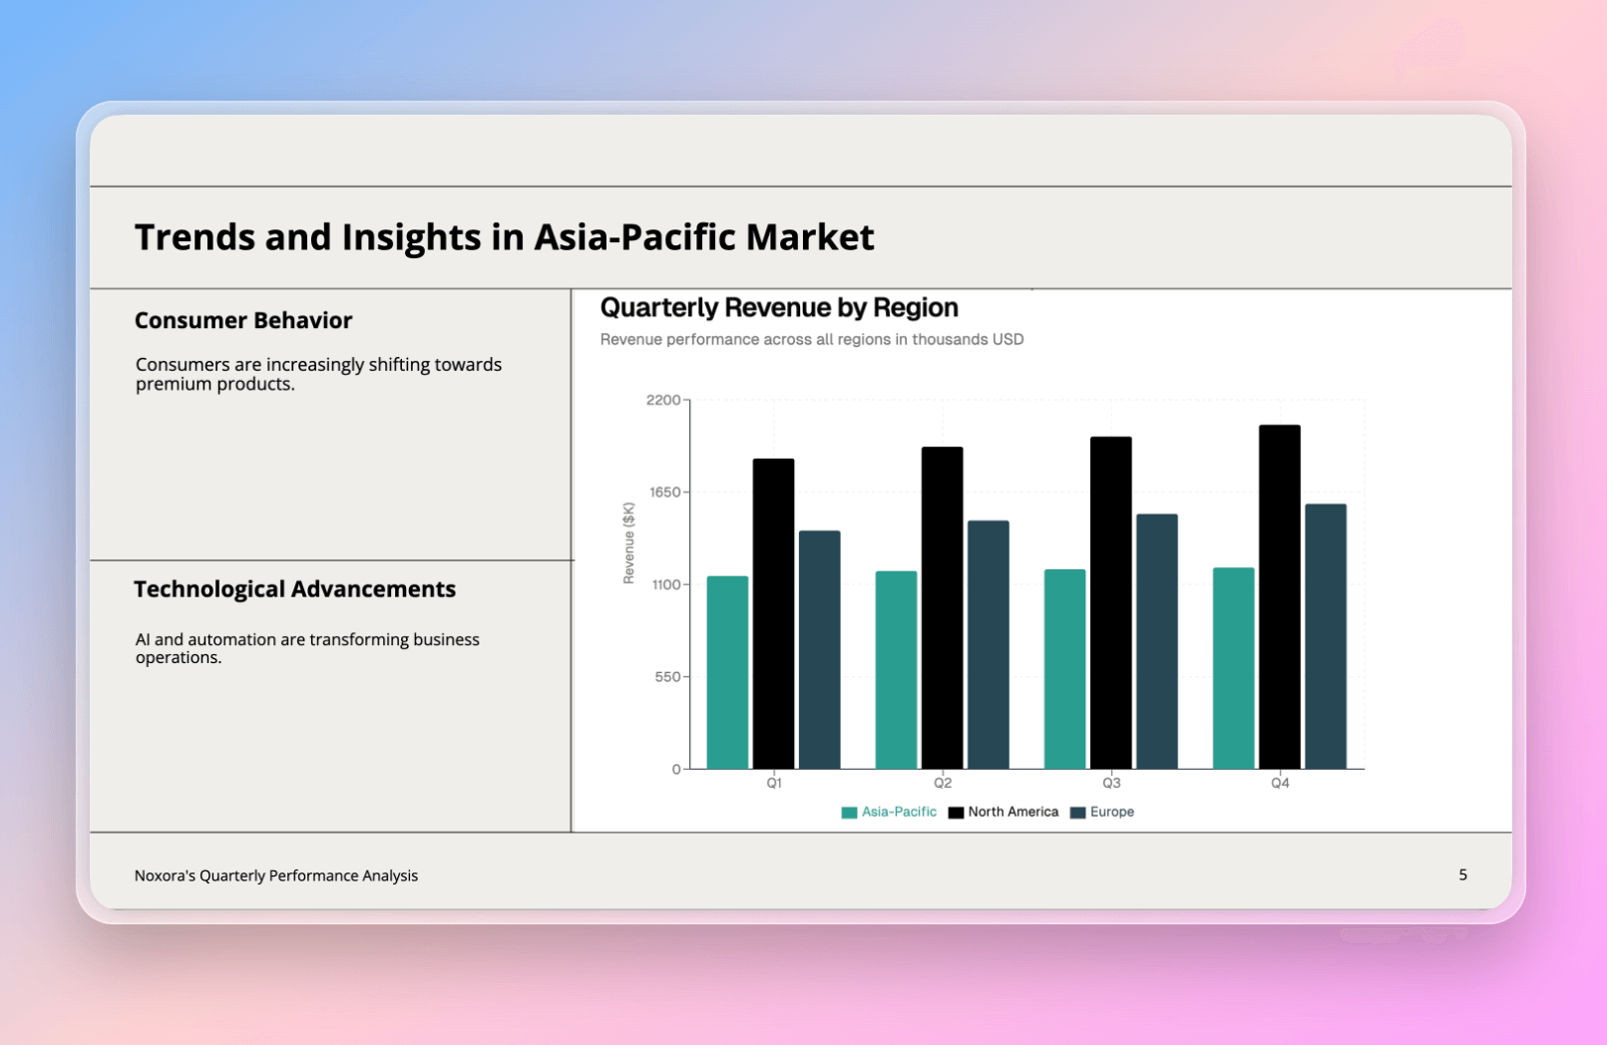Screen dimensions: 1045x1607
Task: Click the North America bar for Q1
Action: click(x=773, y=613)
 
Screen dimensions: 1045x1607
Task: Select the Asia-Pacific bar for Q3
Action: click(x=1064, y=669)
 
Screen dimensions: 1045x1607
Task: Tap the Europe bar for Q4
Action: click(x=1325, y=636)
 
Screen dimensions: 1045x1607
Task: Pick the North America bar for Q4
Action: click(x=1279, y=596)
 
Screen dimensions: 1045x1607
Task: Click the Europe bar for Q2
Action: click(x=988, y=644)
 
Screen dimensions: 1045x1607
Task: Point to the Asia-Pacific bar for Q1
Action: click(x=727, y=672)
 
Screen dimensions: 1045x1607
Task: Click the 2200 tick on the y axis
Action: click(x=663, y=400)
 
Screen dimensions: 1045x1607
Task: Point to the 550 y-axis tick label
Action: click(x=667, y=677)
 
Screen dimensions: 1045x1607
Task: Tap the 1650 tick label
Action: click(x=663, y=493)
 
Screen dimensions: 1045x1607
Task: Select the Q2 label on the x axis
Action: click(x=943, y=783)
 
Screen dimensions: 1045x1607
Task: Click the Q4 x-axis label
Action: click(x=1280, y=783)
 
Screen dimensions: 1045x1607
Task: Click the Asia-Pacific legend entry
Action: click(x=889, y=812)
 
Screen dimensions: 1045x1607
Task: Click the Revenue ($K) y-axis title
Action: click(x=628, y=542)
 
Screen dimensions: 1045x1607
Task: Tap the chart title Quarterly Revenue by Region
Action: click(x=779, y=307)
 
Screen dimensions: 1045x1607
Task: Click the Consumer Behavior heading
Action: click(x=243, y=320)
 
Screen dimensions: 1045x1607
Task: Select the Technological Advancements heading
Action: click(x=294, y=589)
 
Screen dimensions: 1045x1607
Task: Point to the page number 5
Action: click(x=1462, y=874)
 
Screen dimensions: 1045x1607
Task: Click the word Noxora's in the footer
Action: click(x=165, y=875)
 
